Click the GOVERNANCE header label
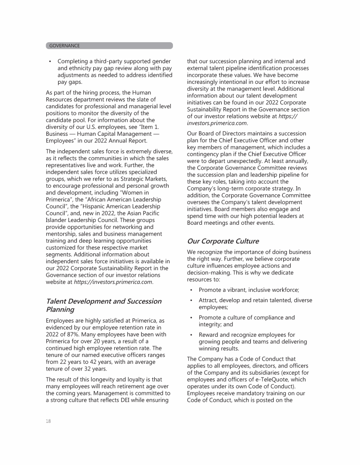pos(64,45)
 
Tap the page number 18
pos(48,421)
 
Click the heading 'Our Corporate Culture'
pos(223,241)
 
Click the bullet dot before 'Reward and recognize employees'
pos(191,334)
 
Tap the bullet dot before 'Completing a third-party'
pos(50,61)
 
